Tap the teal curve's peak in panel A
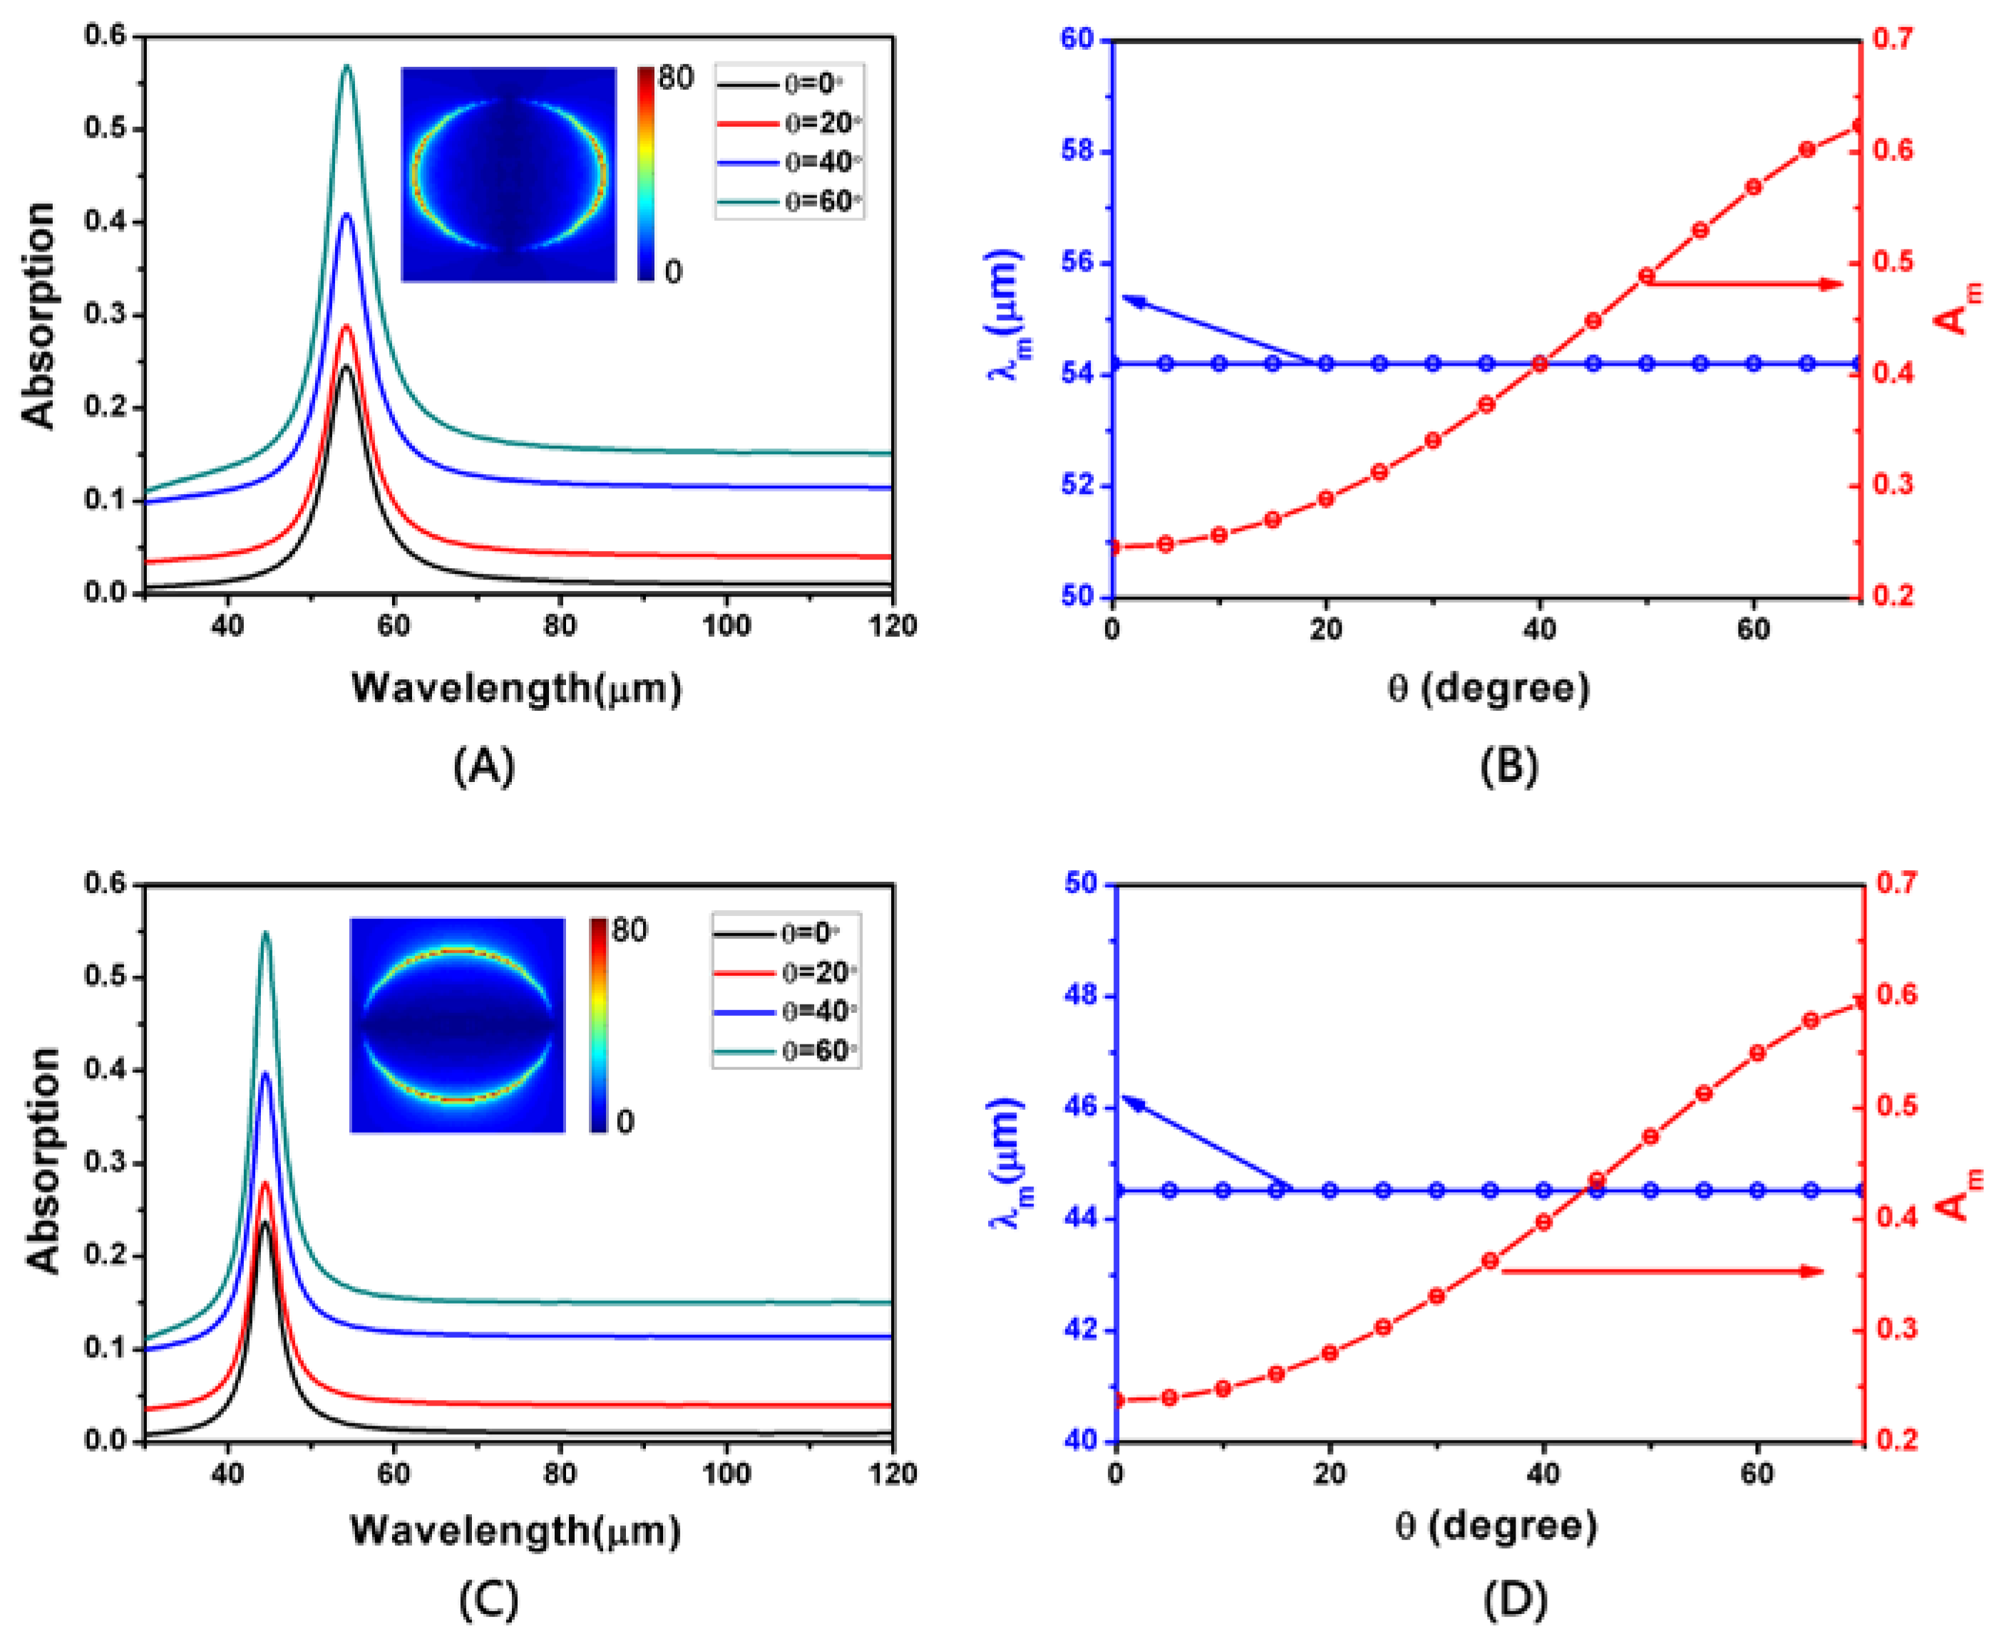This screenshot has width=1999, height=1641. click(347, 66)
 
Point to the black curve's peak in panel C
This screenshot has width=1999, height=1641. click(264, 1223)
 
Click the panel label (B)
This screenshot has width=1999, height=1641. click(1509, 766)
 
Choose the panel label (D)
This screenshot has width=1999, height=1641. click(1514, 1600)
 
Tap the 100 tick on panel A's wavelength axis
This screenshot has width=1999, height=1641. click(726, 627)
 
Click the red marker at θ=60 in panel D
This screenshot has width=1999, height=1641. click(1757, 1053)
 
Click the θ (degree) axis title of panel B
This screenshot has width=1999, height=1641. click(1489, 688)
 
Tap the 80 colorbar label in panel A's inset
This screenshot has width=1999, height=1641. click(675, 78)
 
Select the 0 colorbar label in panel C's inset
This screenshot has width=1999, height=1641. click(625, 1122)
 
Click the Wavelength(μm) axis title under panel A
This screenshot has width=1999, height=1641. click(516, 688)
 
